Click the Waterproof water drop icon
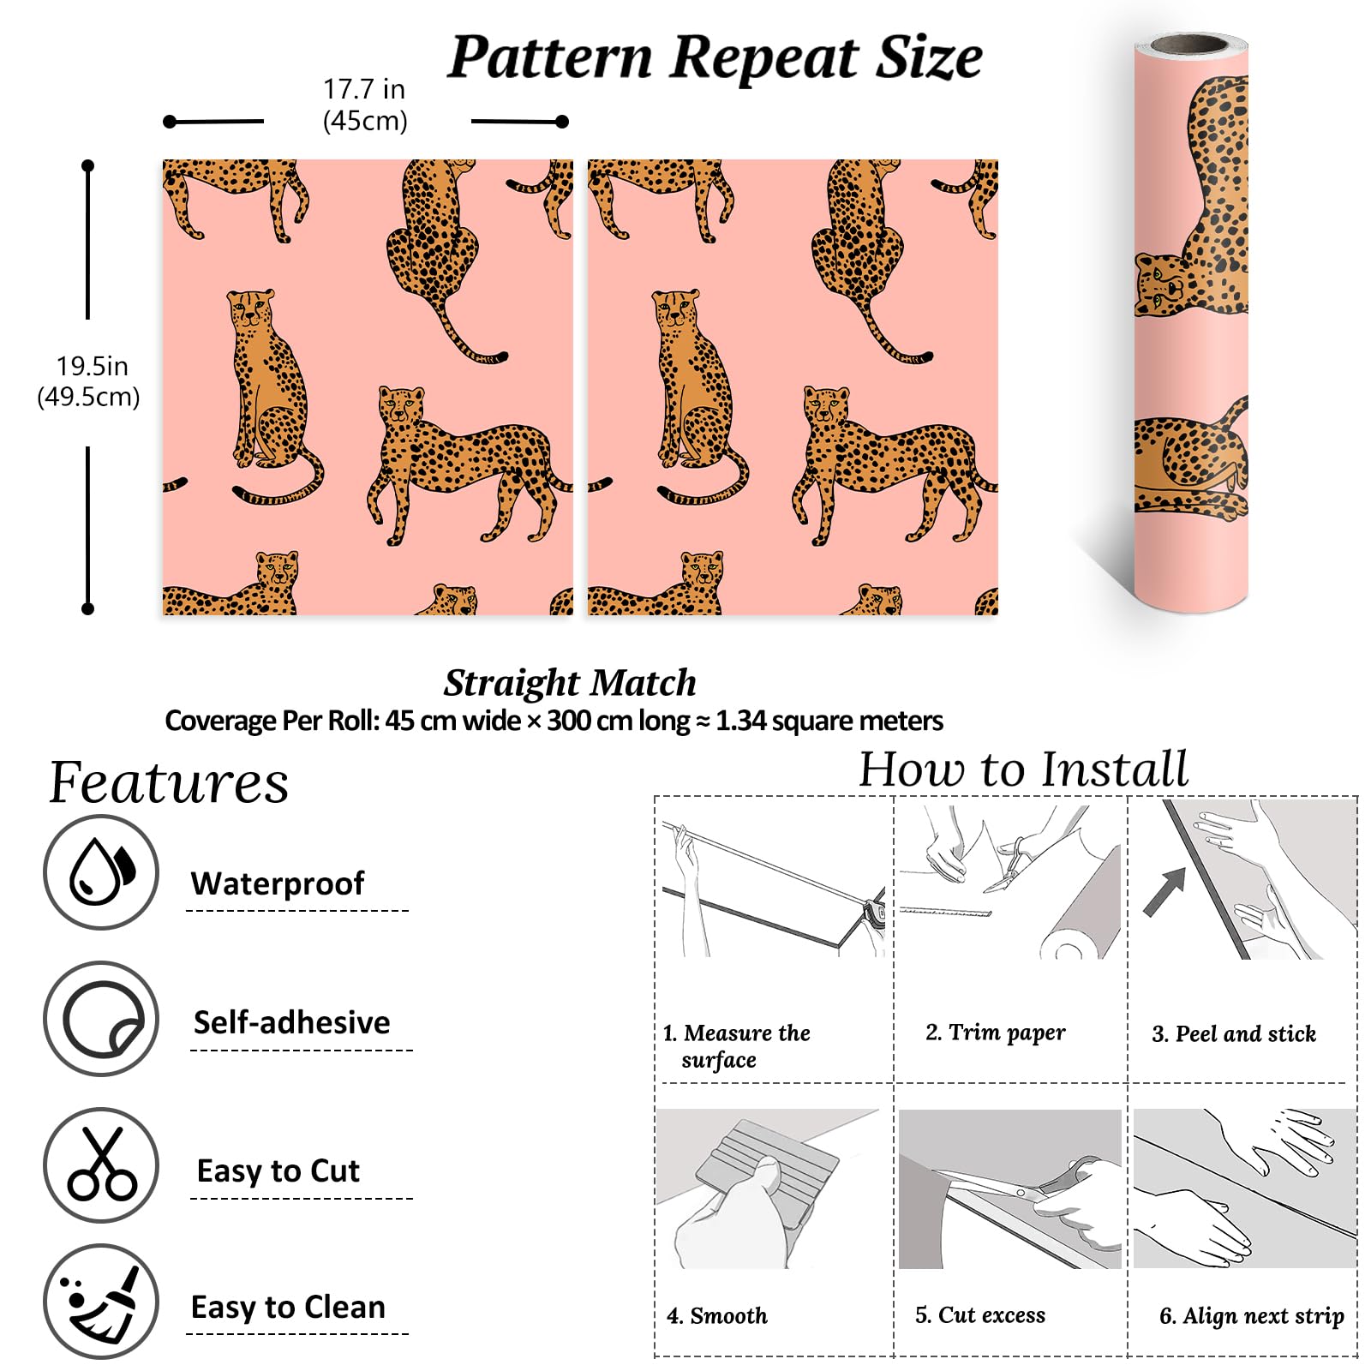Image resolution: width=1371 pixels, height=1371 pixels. tap(101, 871)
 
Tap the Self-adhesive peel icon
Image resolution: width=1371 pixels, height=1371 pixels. tap(101, 1019)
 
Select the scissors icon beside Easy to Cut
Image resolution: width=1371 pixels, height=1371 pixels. tap(101, 1164)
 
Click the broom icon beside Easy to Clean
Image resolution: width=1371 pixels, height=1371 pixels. tap(101, 1302)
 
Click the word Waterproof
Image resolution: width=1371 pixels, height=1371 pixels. tap(278, 883)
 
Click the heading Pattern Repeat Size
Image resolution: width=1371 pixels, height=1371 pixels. tap(715, 57)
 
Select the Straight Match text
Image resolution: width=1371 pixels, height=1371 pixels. tap(570, 683)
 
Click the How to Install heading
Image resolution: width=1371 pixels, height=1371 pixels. tap(1023, 769)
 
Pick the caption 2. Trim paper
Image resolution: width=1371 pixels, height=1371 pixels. tap(996, 1033)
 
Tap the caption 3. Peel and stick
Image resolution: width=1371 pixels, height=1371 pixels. tap(1234, 1033)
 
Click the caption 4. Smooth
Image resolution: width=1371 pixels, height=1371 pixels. tap(717, 1315)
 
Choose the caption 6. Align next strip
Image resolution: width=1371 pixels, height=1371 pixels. tap(1252, 1316)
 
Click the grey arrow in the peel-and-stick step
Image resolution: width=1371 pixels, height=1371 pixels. tap(1166, 891)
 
